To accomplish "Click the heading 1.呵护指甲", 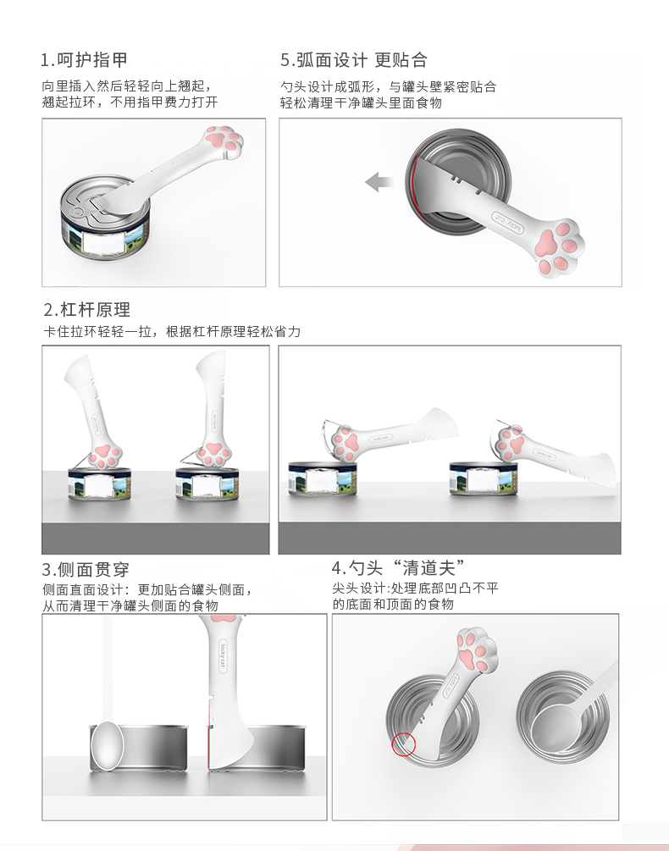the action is pos(84,60).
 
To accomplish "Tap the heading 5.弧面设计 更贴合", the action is pos(354,60).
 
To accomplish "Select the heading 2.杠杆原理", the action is pos(87,309).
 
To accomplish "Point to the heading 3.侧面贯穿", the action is pos(86,569).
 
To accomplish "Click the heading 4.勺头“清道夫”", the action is pos(398,567).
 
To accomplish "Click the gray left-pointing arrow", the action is pos(379,182).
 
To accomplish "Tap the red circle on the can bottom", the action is pos(403,744).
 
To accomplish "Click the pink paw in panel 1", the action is pos(225,141).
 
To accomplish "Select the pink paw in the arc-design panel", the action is pos(557,249).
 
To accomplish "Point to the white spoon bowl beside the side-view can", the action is pos(107,745).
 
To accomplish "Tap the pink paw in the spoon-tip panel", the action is pos(478,650).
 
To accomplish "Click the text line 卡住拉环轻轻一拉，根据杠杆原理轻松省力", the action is pos(172,331).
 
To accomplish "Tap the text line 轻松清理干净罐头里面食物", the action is pos(361,102).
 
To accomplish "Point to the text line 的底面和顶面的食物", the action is pos(393,604).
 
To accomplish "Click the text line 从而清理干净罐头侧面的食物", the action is pos(130,605).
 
